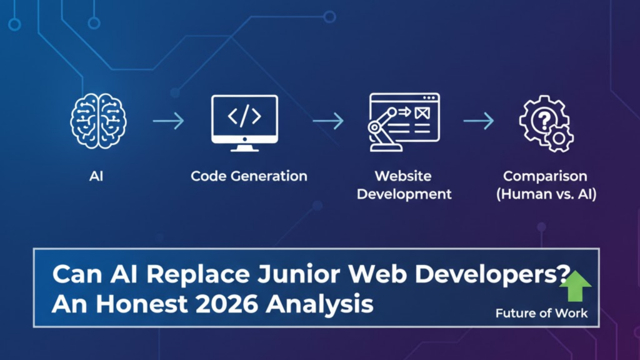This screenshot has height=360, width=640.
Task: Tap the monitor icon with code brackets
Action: tap(244, 122)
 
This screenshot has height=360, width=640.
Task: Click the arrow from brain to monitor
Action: tap(168, 121)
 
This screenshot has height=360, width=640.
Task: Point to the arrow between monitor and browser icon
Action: tap(328, 121)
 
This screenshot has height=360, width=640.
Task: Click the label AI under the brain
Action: tap(96, 176)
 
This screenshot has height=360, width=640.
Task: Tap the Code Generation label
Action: tap(249, 176)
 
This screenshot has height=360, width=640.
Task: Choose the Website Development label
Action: tap(404, 185)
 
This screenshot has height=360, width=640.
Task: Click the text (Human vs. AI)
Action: tap(546, 194)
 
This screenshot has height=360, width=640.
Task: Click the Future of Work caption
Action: tap(541, 313)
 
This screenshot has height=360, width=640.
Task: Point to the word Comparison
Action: tap(546, 176)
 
